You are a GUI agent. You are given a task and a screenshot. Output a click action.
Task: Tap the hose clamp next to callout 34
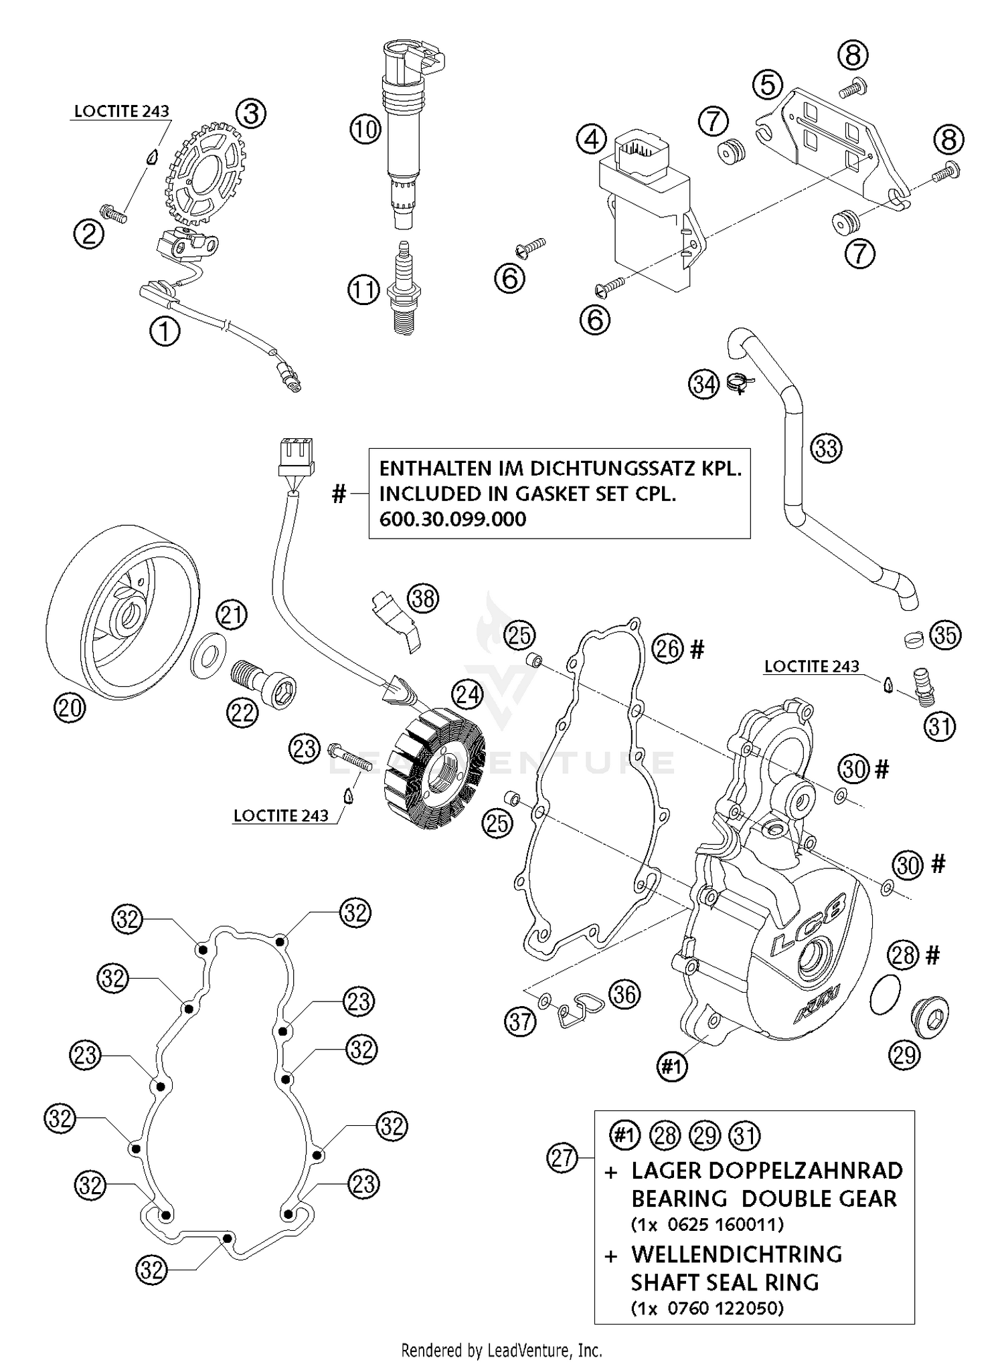(740, 383)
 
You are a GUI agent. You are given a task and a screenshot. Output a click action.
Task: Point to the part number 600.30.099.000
(452, 519)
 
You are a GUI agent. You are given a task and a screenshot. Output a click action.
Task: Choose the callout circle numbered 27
(562, 1157)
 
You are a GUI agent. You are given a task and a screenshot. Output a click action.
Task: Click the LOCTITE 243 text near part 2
(121, 111)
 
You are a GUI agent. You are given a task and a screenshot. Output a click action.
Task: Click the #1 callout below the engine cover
(671, 1066)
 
